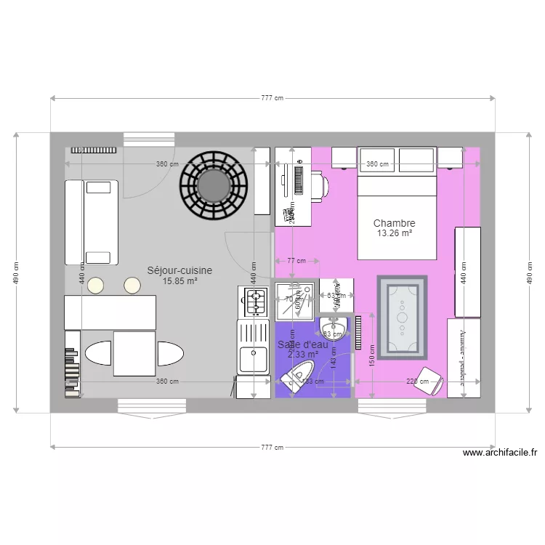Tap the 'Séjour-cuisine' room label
point(179,270)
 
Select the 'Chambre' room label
point(395,223)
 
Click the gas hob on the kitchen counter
point(255,302)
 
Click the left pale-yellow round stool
point(96,286)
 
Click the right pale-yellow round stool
point(132,286)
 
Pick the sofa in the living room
point(91,222)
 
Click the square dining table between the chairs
point(134,354)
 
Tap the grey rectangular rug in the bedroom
point(403,317)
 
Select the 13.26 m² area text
point(395,234)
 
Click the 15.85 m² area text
point(179,281)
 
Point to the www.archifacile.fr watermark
point(500,453)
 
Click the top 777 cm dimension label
point(272,98)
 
